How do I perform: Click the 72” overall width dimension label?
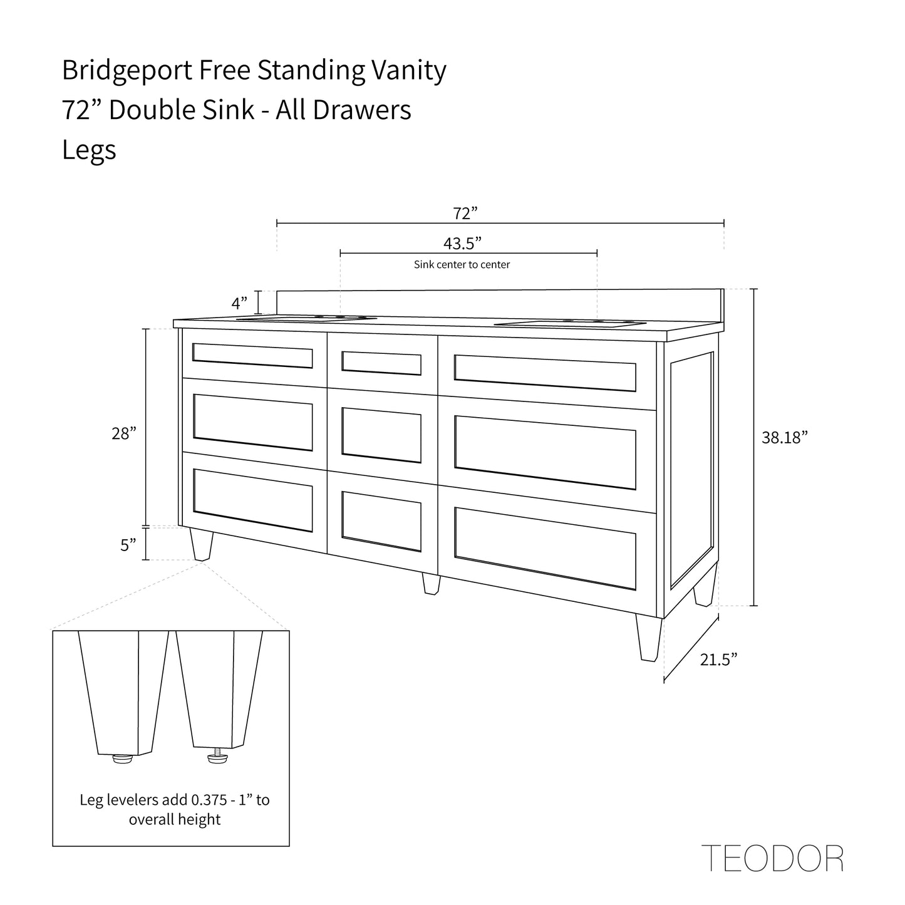tap(465, 213)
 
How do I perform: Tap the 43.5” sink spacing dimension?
tap(463, 243)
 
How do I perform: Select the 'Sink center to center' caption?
tap(462, 264)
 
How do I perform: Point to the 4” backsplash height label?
tap(239, 303)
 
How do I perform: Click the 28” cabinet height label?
tap(124, 433)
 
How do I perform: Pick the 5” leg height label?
tap(128, 545)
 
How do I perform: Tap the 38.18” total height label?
tap(784, 437)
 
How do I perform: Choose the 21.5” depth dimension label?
tap(718, 659)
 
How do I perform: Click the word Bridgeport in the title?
tap(127, 70)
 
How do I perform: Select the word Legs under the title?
tap(89, 150)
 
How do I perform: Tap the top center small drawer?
tap(381, 363)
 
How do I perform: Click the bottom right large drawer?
tap(545, 548)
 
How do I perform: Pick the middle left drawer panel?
tap(252, 422)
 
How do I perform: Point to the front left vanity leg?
tap(202, 544)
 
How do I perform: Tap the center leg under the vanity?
tap(431, 584)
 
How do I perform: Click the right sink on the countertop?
tap(570, 323)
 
